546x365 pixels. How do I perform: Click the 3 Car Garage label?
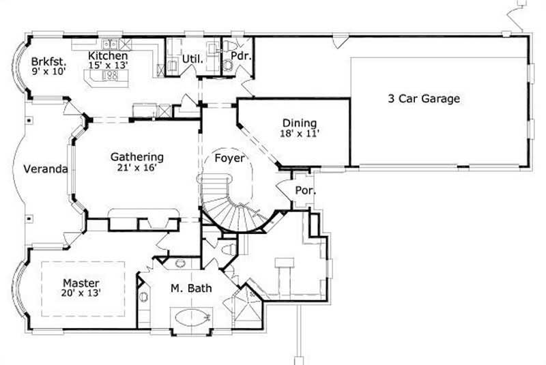[x=423, y=98]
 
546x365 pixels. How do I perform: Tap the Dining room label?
[x=299, y=123]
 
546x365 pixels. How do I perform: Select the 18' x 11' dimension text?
[x=299, y=134]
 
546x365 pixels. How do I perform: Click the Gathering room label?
[x=137, y=157]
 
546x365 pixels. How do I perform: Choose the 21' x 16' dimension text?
[x=137, y=168]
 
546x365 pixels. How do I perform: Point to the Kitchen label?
[x=109, y=55]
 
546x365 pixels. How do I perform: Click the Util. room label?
[x=192, y=59]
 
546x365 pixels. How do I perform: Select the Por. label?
[x=304, y=191]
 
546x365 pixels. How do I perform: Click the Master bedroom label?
[x=81, y=282]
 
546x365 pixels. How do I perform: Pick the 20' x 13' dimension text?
[x=81, y=293]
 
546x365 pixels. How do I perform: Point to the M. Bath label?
[x=190, y=289]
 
